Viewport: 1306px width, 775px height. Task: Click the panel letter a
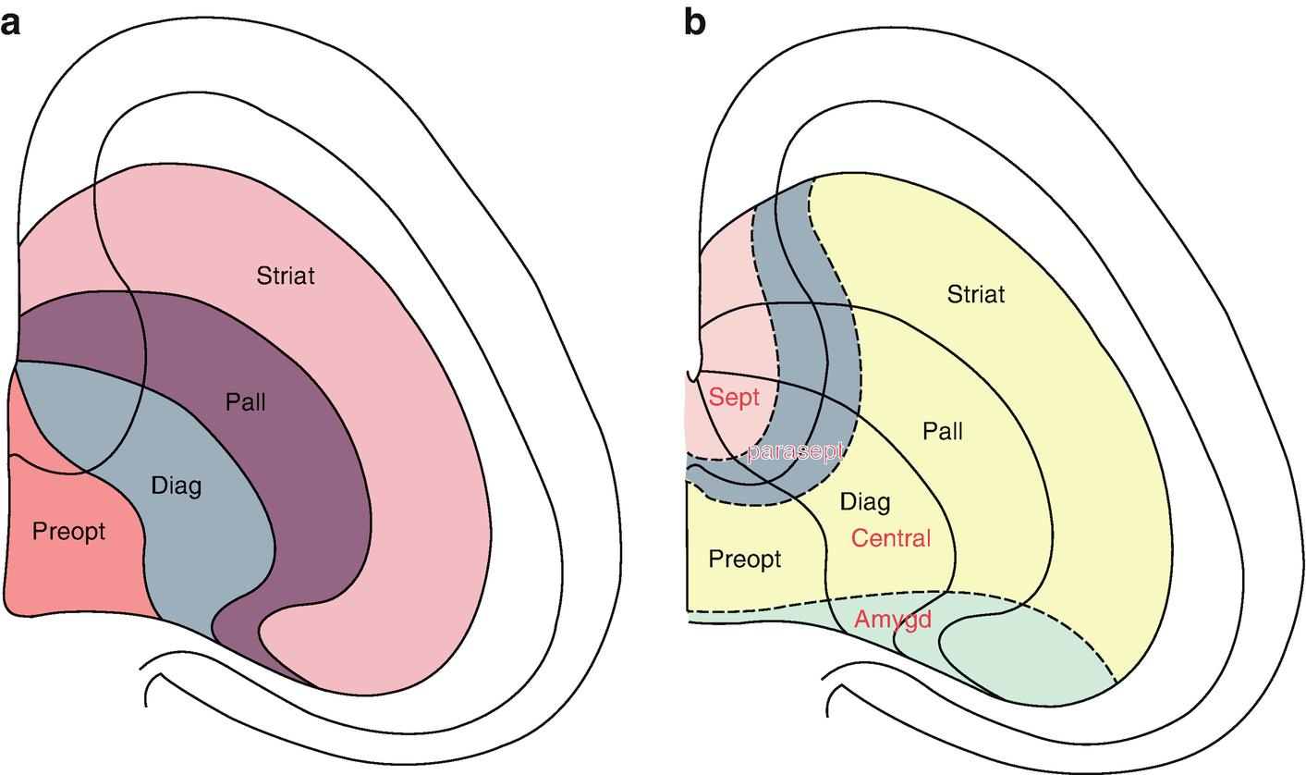tap(11, 22)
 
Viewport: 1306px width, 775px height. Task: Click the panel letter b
tap(694, 22)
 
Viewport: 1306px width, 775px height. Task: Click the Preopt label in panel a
tap(68, 532)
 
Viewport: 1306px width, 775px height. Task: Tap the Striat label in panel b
tap(976, 295)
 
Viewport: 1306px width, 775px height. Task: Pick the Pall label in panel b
tap(942, 431)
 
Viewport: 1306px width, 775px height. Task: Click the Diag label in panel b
tap(865, 502)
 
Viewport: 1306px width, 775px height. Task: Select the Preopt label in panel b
tap(744, 560)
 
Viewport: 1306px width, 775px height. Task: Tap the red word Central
tap(890, 537)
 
